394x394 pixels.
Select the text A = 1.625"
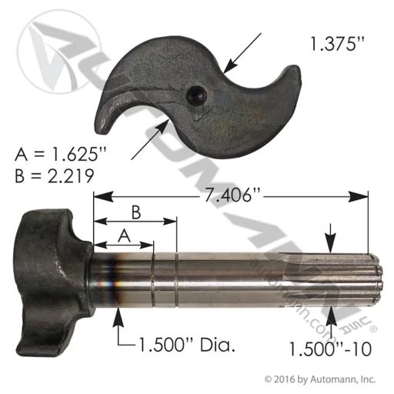61,155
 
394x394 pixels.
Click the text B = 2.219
54,176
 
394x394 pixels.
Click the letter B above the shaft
136,212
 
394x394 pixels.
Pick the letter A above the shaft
124,236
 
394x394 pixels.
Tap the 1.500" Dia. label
187,345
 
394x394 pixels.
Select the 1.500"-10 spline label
330,349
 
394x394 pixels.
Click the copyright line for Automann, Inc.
320,379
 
